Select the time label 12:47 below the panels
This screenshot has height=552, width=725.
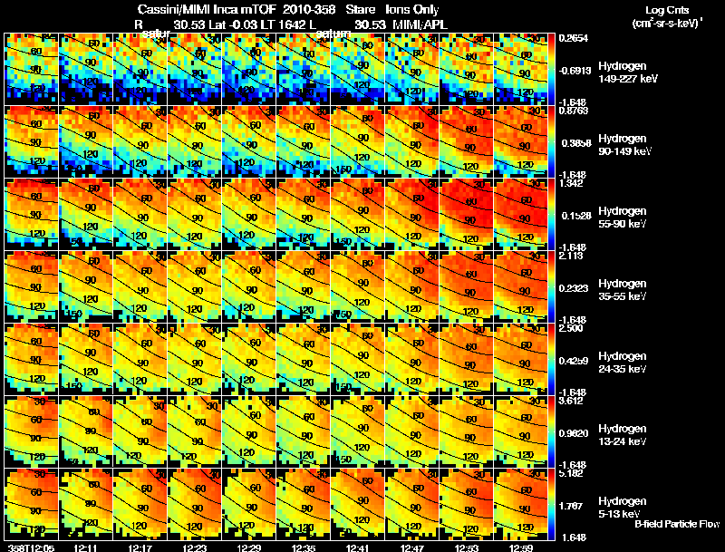click(x=412, y=547)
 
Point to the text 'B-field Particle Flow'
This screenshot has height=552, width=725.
click(x=676, y=524)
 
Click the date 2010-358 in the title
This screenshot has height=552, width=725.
click(x=310, y=9)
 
